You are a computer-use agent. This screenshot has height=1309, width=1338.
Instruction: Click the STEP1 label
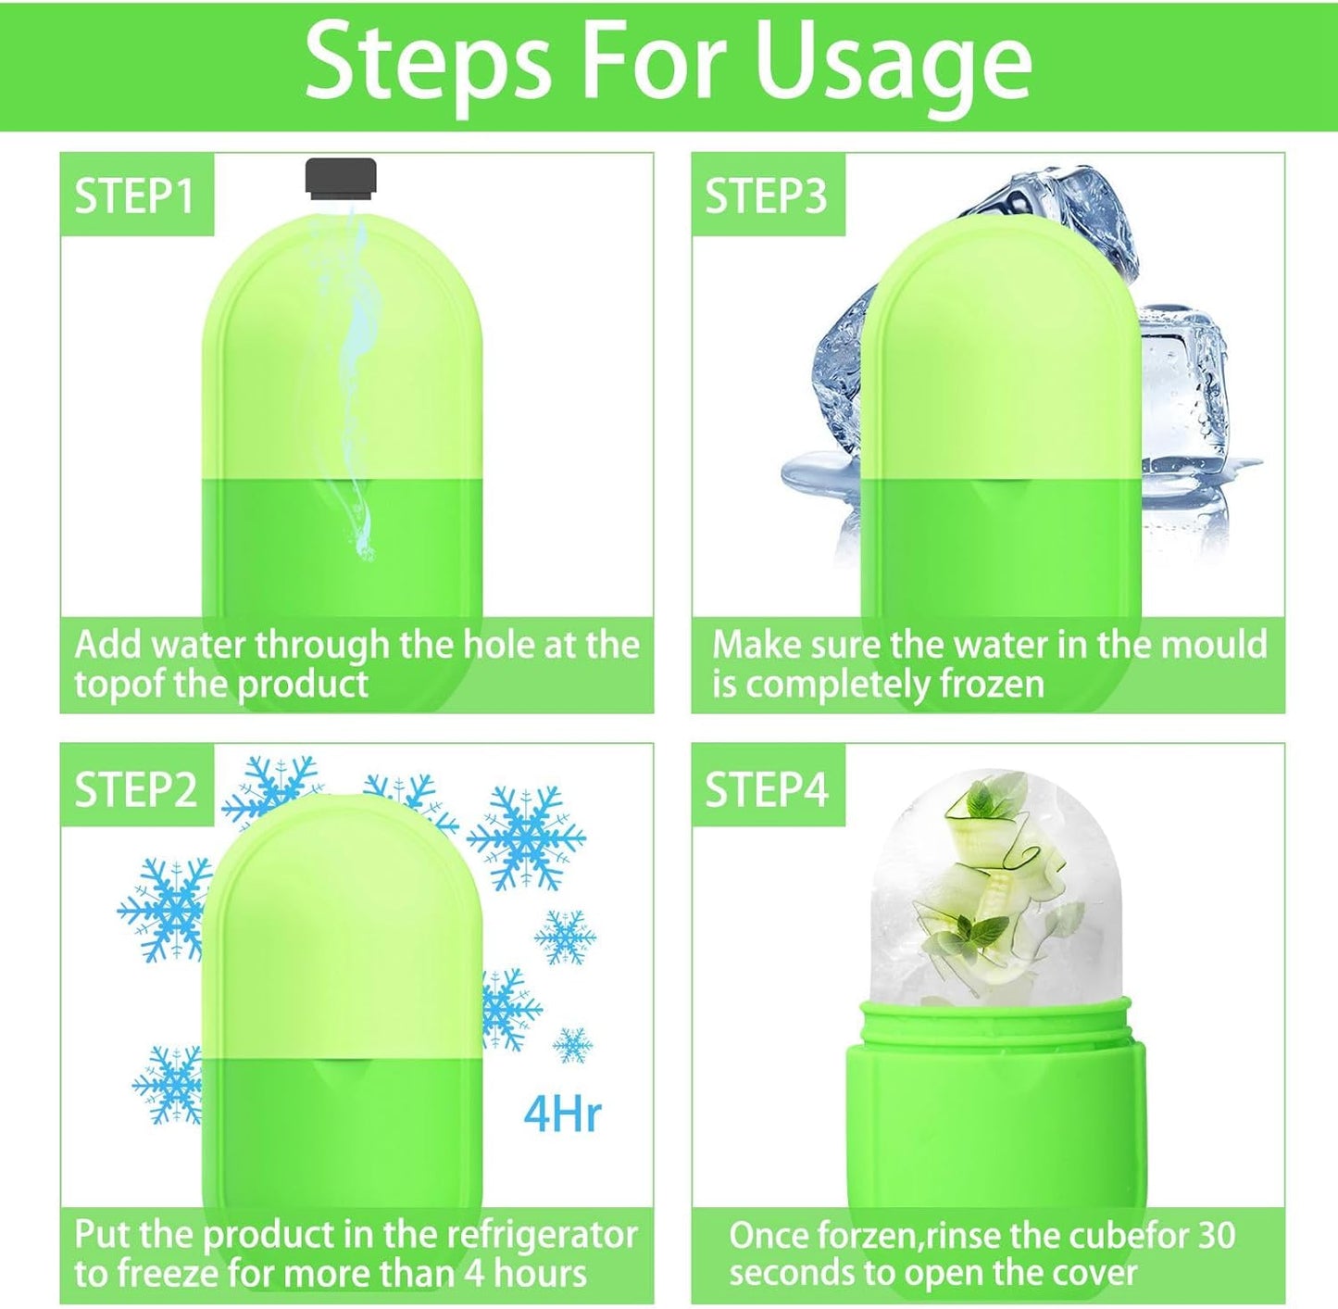(135, 196)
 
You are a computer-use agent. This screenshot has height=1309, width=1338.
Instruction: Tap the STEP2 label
(135, 789)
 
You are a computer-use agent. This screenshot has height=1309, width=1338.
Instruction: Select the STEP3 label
(766, 196)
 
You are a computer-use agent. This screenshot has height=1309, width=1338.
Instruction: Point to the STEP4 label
(766, 789)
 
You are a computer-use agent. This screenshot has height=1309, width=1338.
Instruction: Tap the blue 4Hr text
(563, 1114)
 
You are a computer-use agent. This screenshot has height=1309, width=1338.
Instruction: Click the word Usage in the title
(893, 63)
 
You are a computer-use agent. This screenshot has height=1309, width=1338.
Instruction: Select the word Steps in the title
(428, 63)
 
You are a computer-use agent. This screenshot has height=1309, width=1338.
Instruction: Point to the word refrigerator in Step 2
(542, 1235)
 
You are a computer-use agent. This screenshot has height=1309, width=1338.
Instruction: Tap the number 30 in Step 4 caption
(1216, 1235)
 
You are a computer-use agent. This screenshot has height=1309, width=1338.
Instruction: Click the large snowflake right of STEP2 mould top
(526, 837)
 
